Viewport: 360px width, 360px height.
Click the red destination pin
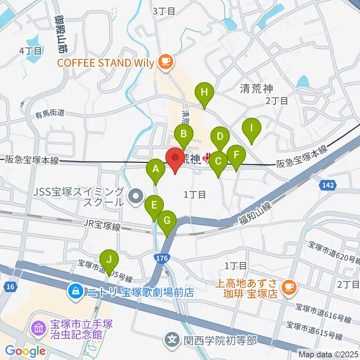point(175,159)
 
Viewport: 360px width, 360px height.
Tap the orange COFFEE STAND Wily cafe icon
point(165,61)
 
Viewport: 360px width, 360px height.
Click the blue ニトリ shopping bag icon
point(76,290)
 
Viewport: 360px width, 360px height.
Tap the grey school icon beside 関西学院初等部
point(172,340)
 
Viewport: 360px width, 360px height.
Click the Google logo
point(25,351)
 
